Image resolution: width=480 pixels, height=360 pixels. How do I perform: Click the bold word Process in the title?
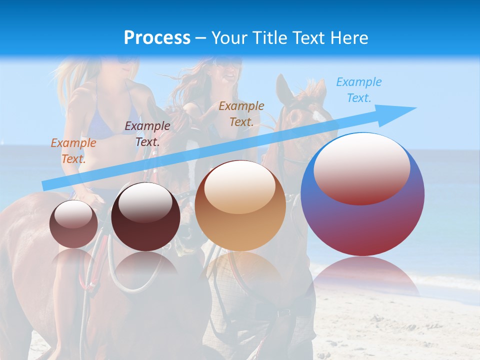pos(157,38)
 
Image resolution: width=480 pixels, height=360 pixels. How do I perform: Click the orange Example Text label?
pos(73,150)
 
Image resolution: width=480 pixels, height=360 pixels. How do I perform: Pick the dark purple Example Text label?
pos(147,134)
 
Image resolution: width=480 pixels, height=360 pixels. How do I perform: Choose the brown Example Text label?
pos(241,113)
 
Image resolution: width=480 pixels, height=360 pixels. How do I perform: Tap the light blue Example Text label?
pos(358,90)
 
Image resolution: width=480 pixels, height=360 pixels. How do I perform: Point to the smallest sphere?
pos(73,224)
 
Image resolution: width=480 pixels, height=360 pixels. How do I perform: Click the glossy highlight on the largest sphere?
pos(361,167)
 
